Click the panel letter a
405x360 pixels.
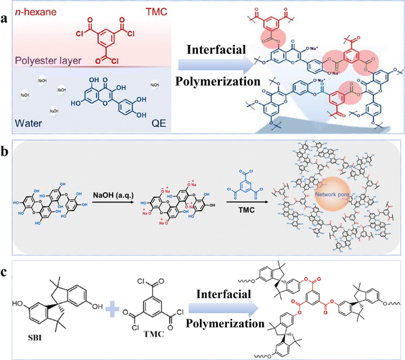(7, 9)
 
